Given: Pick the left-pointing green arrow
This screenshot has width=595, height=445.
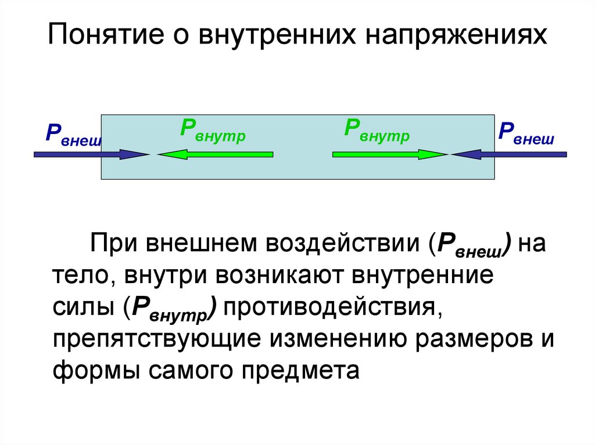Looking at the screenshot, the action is pos(215,154).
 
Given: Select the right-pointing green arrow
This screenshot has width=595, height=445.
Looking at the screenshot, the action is pos(390,154).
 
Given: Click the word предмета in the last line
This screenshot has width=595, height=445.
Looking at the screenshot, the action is pos(307,371).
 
